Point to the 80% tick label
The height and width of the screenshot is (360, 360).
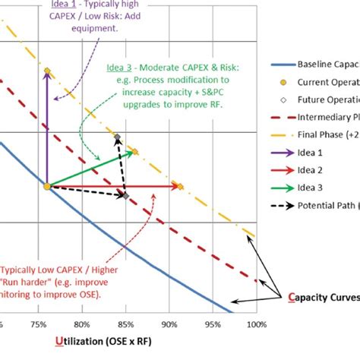tap(87, 324)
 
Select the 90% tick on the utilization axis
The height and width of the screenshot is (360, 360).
tap(171, 324)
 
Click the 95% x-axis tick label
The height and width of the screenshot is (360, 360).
tap(213, 324)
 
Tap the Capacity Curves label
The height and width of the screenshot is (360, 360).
tap(318, 297)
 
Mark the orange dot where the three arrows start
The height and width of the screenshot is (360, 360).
tap(46, 185)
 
